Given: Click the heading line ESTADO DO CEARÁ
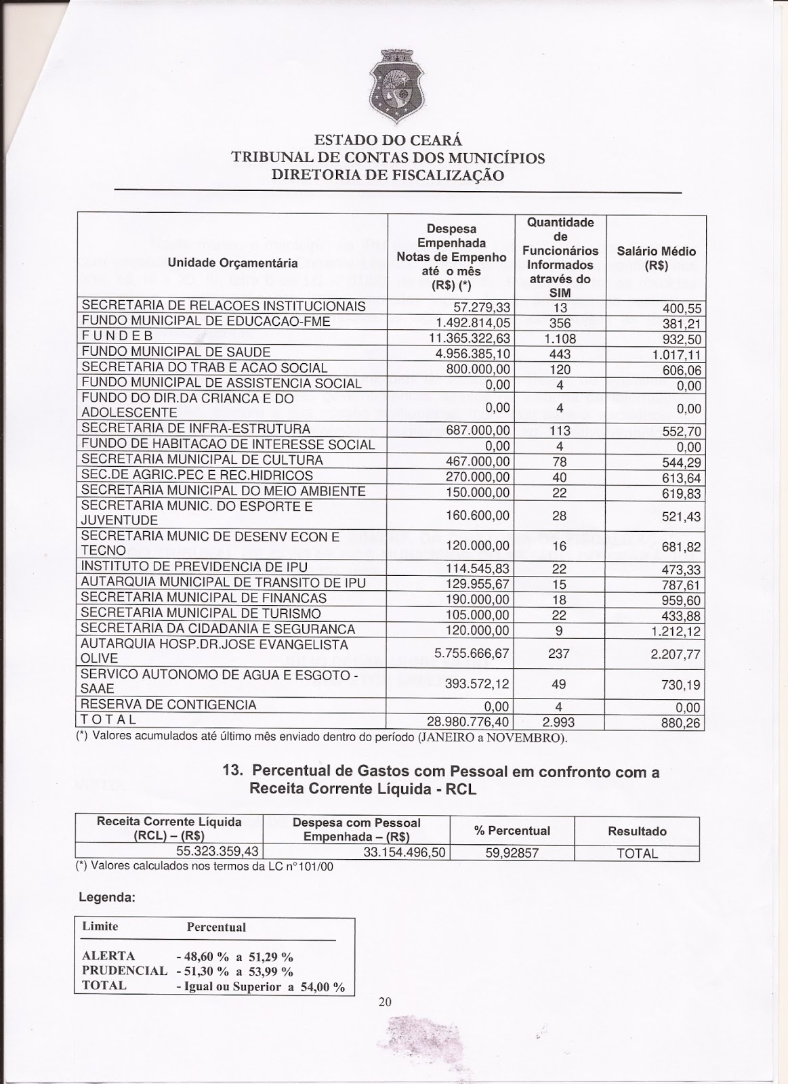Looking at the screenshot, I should pyautogui.click(x=388, y=141).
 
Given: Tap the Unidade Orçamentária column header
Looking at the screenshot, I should pyautogui.click(x=232, y=262).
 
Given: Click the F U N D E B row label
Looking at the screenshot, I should pyautogui.click(x=118, y=336).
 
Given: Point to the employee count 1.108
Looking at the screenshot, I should pyautogui.click(x=560, y=338).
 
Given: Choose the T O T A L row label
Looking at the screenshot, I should pyautogui.click(x=109, y=720).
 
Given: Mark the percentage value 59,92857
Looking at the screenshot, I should pyautogui.click(x=512, y=853).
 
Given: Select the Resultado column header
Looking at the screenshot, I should pyautogui.click(x=637, y=831).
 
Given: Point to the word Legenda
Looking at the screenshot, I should pyautogui.click(x=108, y=897).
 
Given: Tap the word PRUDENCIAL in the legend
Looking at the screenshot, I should pyautogui.click(x=124, y=970).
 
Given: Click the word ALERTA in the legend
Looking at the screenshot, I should pyautogui.click(x=108, y=956).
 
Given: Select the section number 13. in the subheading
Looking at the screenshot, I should pyautogui.click(x=235, y=772).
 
